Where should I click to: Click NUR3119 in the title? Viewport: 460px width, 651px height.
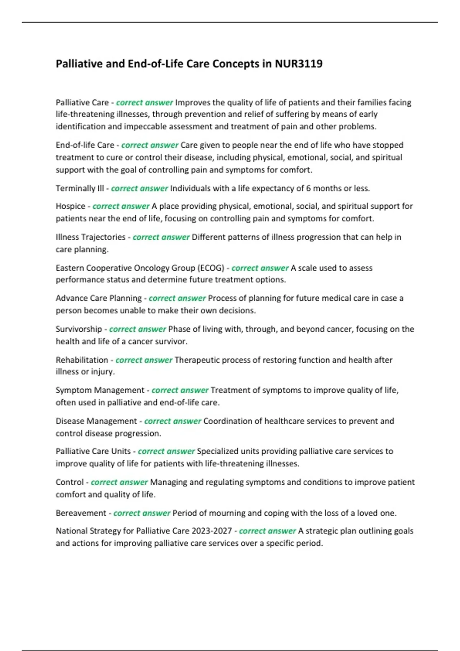coord(299,64)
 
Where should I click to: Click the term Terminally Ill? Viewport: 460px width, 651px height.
coord(80,188)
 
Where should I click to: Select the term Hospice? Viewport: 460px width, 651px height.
coord(71,206)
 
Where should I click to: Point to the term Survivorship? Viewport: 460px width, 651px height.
coord(79,329)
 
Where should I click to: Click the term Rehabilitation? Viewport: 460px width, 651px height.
coord(82,360)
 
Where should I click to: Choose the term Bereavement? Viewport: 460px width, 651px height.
coord(81,513)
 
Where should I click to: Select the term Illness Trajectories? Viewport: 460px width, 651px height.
coord(90,237)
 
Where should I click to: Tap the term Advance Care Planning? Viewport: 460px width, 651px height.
coord(99,298)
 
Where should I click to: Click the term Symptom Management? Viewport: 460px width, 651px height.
coord(100,390)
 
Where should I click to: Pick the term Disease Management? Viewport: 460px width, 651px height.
coord(96,421)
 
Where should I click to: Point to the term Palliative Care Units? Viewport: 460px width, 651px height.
coord(93,451)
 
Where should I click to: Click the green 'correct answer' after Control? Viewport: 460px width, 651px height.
coord(119,482)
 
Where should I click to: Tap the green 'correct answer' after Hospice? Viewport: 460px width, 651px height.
coord(121,206)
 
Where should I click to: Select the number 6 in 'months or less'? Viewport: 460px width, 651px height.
coord(309,188)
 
